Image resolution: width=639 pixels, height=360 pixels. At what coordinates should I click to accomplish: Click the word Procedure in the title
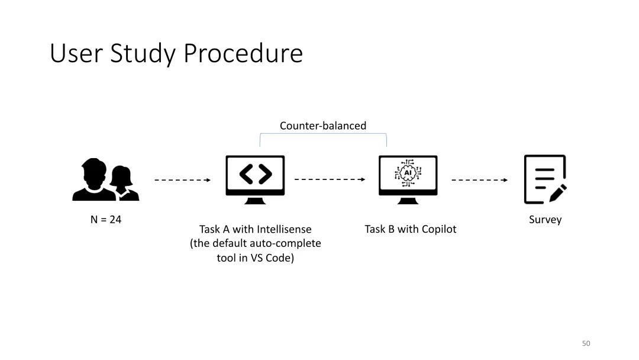[243, 54]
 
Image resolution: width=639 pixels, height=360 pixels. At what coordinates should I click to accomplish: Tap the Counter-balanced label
[322, 126]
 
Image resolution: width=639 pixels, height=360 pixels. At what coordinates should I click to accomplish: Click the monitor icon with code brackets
[255, 179]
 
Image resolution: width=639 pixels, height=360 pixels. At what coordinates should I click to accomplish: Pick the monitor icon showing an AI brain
[408, 179]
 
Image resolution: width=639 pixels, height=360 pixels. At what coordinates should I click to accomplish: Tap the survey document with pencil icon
[544, 179]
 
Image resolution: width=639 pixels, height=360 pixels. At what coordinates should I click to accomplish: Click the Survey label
[545, 220]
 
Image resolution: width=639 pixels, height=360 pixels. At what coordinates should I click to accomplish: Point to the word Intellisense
[284, 229]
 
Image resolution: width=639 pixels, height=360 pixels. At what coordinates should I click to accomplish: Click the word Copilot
[438, 229]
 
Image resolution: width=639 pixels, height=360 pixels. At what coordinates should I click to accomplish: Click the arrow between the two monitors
[330, 179]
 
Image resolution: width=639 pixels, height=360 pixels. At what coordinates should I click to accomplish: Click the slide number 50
[586, 343]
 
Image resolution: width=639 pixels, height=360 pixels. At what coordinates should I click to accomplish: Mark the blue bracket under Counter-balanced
[323, 135]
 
